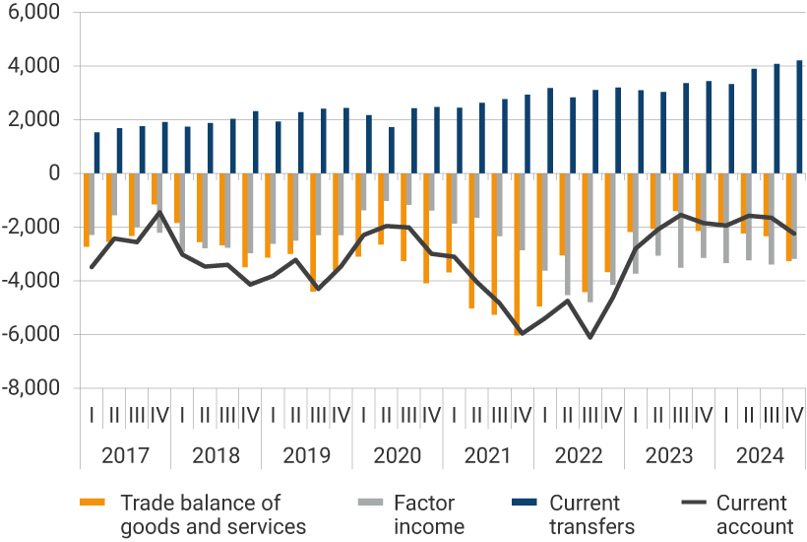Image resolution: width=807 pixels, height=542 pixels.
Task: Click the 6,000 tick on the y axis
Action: tap(33, 13)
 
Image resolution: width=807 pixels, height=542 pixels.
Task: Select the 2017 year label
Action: tap(125, 456)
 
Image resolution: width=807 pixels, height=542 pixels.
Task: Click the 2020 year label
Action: tap(398, 456)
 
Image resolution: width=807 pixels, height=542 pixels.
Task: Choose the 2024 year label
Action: tap(761, 456)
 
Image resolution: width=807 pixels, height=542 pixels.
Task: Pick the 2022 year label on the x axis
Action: tap(580, 456)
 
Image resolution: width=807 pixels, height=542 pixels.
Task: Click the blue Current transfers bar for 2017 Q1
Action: tap(96, 153)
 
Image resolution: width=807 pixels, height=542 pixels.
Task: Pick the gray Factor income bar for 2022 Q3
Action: tap(590, 237)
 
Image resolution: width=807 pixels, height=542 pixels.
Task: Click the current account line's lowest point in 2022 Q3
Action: tap(590, 338)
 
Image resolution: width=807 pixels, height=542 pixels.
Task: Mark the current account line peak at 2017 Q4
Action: tap(159, 212)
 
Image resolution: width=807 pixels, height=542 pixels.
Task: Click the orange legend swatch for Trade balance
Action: tap(92, 503)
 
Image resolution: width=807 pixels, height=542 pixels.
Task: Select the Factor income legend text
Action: tap(429, 514)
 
